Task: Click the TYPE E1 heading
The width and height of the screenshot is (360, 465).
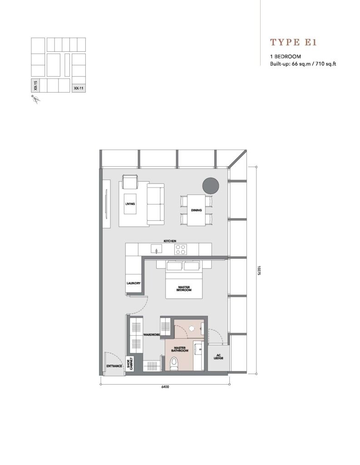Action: (293, 42)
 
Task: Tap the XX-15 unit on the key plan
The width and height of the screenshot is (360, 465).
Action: (35, 85)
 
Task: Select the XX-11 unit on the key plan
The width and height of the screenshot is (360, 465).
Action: (79, 88)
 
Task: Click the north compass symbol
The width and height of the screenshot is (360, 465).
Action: (35, 99)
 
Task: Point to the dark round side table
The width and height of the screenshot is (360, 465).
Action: (211, 186)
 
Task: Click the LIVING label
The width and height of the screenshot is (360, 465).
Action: (130, 204)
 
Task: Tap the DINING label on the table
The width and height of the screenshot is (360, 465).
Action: (196, 210)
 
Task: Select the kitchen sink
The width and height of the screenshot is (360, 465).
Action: (157, 249)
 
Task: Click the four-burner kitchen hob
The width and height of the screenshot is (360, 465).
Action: (180, 249)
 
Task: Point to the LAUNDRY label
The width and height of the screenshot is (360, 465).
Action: (133, 283)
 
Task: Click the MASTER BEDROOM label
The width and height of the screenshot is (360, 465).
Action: (184, 288)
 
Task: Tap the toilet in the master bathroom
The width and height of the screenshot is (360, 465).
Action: (174, 363)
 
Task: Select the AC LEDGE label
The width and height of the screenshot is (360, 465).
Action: (218, 356)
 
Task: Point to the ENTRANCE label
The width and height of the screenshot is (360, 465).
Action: (114, 366)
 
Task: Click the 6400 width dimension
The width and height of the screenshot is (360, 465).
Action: (165, 387)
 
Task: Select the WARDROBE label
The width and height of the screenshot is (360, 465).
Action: (152, 335)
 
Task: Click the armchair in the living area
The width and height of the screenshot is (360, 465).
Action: (130, 182)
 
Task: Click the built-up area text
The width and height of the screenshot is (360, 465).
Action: (303, 64)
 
